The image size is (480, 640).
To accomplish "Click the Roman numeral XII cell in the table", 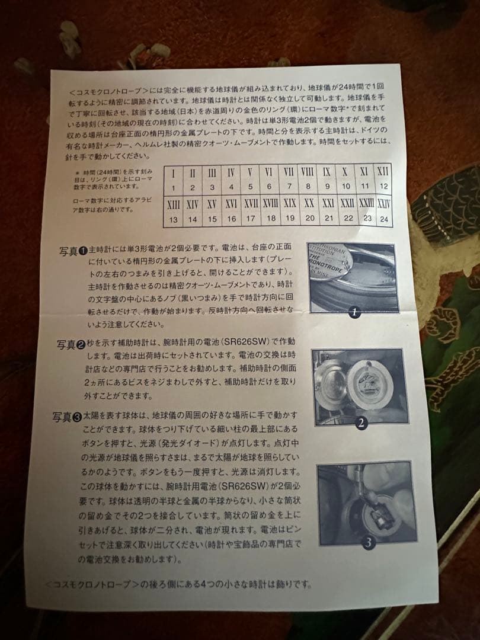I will (382, 172).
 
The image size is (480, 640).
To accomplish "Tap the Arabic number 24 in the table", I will (385, 218).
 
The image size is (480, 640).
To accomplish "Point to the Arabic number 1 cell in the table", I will (173, 187).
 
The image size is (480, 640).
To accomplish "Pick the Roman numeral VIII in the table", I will (308, 172).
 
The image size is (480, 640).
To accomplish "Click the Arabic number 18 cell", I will (271, 219).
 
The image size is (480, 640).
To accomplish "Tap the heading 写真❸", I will (68, 417).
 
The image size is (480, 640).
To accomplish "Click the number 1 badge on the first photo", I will (354, 312).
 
